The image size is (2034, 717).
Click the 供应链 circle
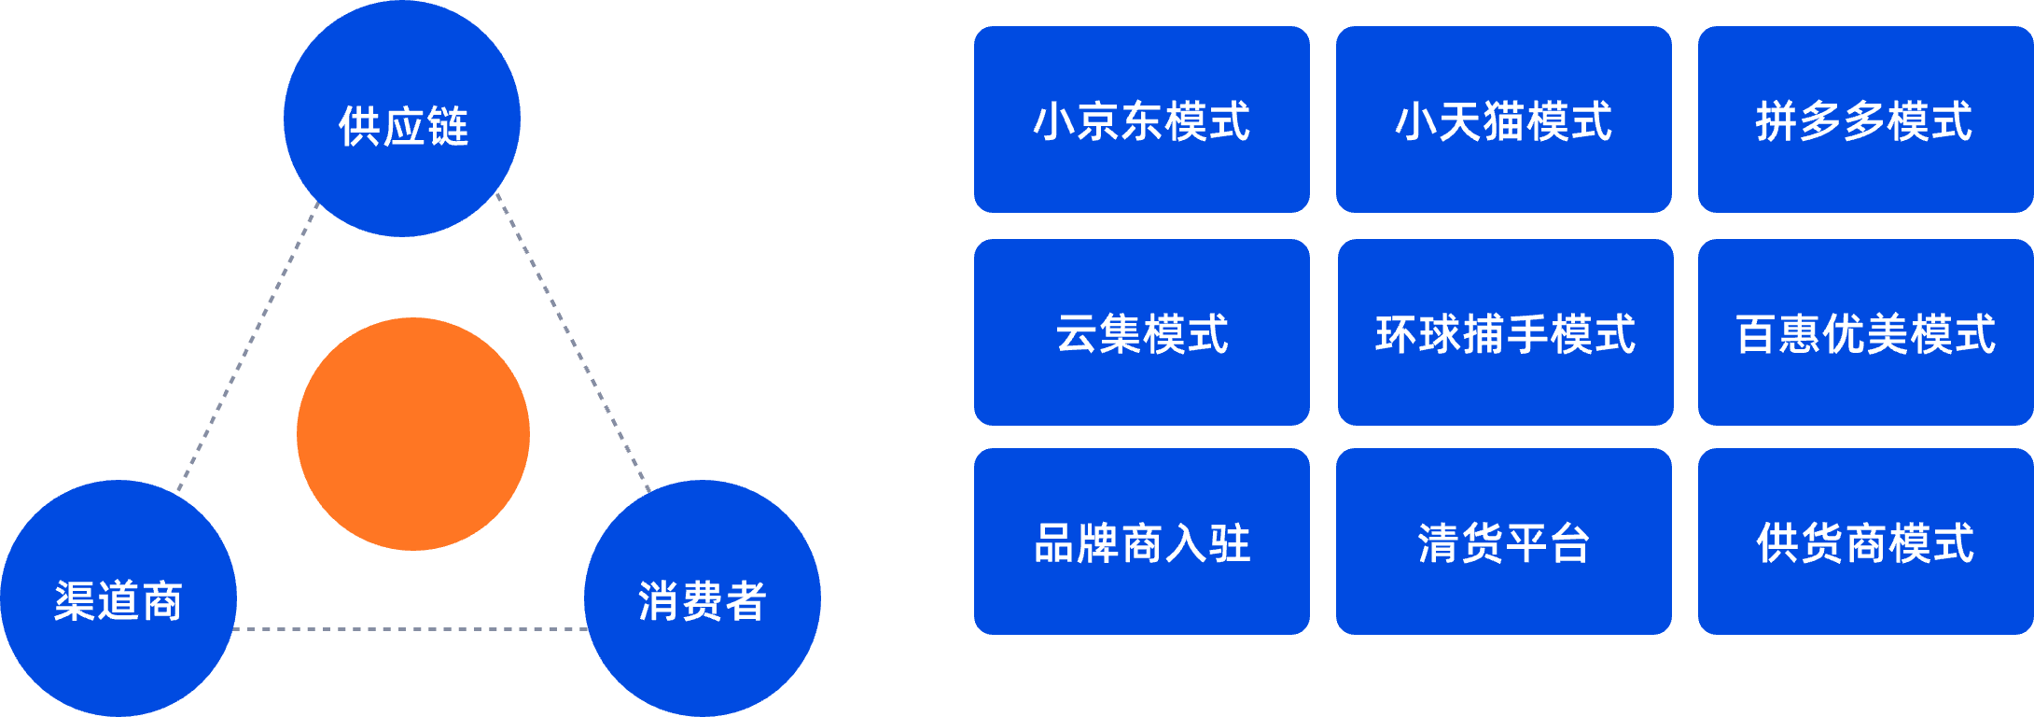(x=401, y=119)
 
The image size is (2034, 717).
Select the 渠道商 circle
(x=118, y=598)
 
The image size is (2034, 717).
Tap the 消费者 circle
(x=702, y=598)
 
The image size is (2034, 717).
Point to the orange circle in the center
(x=412, y=434)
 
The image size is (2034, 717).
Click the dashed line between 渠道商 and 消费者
(x=411, y=629)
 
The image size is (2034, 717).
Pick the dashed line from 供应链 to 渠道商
(x=247, y=345)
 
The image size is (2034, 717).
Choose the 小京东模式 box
(x=1141, y=119)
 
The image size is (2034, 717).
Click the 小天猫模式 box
(x=1503, y=119)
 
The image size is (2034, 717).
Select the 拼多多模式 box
(x=1865, y=119)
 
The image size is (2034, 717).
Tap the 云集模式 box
(x=1141, y=332)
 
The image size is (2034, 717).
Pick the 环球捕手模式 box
(x=1505, y=332)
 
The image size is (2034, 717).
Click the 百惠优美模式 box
(x=1865, y=332)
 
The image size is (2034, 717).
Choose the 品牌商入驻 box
(x=1141, y=541)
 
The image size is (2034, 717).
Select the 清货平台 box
(x=1503, y=541)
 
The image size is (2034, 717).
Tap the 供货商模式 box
(x=1865, y=541)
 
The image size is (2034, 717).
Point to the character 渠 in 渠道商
(x=75, y=601)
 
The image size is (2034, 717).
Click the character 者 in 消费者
(x=745, y=601)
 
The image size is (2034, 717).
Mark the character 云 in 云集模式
(x=1077, y=334)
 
